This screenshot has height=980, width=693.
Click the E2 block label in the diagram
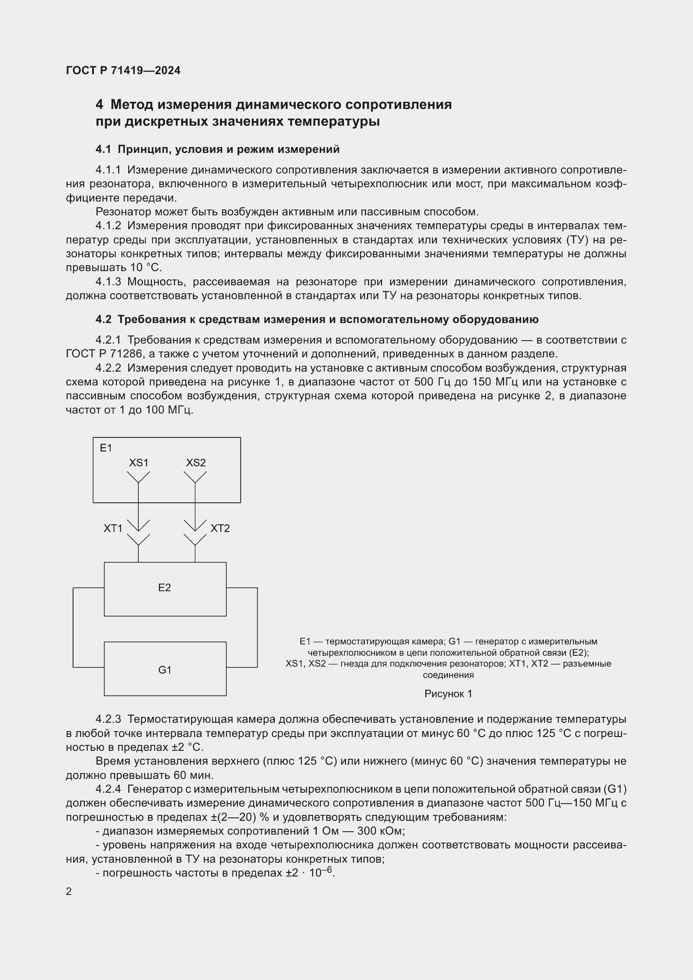[164, 588]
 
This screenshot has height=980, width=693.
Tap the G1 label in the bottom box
[165, 670]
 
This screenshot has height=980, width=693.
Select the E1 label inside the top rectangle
[106, 448]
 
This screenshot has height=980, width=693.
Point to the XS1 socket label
[139, 463]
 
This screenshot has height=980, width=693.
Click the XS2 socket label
[196, 463]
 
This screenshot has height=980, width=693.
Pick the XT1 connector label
[113, 528]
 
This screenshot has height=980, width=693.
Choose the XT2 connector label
[220, 528]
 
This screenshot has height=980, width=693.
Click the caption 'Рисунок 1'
[448, 694]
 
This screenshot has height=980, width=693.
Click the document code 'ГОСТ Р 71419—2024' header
[123, 70]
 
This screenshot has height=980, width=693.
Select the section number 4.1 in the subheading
[103, 150]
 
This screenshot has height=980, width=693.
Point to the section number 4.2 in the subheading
[103, 319]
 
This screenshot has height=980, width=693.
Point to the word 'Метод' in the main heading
[131, 105]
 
